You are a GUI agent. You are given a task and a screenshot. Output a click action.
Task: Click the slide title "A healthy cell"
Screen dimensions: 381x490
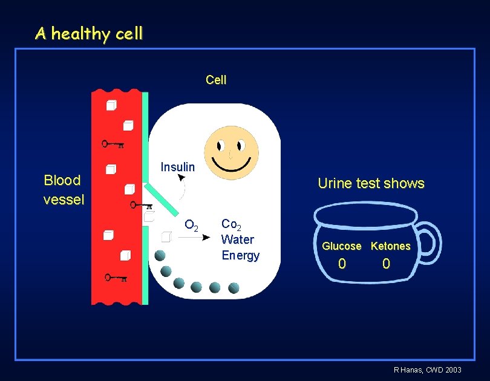(x=89, y=33)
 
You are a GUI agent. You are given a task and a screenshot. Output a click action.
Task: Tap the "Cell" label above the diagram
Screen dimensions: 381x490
(x=216, y=80)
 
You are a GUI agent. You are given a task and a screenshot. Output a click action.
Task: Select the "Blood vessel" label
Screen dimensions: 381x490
(x=63, y=189)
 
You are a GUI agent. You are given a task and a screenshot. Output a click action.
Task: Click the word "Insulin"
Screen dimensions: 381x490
(x=177, y=167)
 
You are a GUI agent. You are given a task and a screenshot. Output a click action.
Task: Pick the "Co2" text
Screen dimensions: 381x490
(x=232, y=224)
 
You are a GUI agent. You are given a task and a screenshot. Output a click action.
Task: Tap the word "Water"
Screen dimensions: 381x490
(x=238, y=239)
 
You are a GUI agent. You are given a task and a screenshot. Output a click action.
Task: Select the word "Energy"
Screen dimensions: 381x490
(x=240, y=255)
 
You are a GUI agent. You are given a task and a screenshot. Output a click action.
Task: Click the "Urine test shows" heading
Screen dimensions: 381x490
(x=371, y=183)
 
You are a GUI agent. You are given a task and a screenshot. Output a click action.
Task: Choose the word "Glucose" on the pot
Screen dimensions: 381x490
(x=341, y=246)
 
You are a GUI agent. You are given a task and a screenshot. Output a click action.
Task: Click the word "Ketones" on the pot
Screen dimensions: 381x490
(x=390, y=246)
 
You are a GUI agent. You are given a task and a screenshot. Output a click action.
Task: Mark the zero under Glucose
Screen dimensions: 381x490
(x=342, y=264)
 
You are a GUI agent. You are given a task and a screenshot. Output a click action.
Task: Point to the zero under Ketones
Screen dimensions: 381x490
(x=387, y=264)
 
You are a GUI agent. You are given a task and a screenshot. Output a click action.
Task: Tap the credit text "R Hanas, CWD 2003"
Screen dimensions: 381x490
(x=428, y=370)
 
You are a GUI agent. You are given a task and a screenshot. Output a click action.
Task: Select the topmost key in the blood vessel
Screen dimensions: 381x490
(x=113, y=144)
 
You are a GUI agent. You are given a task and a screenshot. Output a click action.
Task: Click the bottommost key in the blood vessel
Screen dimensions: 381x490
(x=115, y=278)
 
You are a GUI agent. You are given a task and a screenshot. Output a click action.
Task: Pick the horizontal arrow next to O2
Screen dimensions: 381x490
(x=194, y=238)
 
